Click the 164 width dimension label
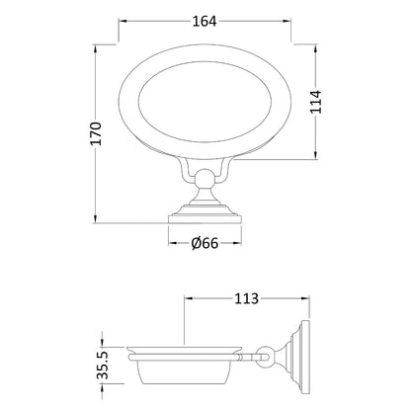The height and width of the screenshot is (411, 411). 205,22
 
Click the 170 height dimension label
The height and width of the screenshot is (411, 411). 96,133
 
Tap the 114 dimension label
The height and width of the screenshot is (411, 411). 316,102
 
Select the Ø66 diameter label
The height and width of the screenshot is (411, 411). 205,243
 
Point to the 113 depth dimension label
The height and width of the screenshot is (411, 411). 247,298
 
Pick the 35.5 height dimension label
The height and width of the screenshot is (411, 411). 103,365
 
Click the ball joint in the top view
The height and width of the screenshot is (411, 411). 205,179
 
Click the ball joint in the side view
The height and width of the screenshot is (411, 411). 266,357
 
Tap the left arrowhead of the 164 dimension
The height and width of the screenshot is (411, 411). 123,22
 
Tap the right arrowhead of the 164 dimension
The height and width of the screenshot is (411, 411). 287,22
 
